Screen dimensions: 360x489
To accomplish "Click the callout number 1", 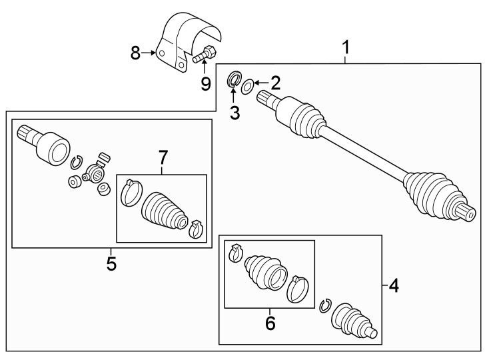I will point(345,48).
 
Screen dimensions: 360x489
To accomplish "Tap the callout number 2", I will point(274,83).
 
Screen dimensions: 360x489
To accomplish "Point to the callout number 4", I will point(393,287).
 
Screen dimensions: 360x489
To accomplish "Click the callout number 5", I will point(111,263).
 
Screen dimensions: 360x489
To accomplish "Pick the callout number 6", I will point(270,323).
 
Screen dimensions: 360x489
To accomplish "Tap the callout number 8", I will point(136,53).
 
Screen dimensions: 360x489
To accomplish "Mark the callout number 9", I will point(205,84).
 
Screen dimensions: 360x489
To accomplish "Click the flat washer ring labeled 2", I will point(247,85).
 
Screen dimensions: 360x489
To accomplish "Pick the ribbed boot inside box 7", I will point(163,209).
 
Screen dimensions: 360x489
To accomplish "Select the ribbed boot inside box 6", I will point(265,273).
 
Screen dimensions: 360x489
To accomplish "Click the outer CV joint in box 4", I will point(354,321).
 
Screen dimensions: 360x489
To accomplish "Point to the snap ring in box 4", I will point(325,305).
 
